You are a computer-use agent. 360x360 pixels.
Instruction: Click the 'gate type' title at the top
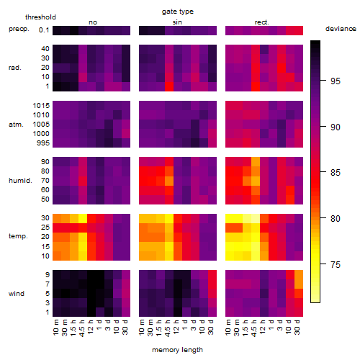click(x=178, y=12)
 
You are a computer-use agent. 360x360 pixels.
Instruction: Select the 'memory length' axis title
click(x=177, y=350)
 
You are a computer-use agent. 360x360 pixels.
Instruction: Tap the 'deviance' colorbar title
click(x=341, y=29)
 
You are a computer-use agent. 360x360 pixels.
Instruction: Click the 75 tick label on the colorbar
click(x=336, y=264)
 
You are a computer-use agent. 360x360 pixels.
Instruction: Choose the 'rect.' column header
click(x=262, y=22)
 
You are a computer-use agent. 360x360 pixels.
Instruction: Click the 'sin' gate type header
click(x=177, y=22)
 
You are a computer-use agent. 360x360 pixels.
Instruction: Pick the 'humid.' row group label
click(x=20, y=181)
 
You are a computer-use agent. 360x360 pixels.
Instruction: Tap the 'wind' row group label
click(x=17, y=294)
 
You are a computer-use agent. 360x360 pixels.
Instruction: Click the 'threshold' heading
click(x=40, y=17)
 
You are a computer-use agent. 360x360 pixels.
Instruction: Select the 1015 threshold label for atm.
click(x=41, y=106)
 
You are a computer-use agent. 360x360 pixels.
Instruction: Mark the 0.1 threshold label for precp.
click(x=44, y=30)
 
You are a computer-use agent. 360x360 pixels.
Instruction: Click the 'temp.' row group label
click(x=18, y=236)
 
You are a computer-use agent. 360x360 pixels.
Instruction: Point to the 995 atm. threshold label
click(x=43, y=143)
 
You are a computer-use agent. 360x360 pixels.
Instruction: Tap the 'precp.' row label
click(x=19, y=29)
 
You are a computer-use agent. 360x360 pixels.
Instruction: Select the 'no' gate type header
click(x=93, y=22)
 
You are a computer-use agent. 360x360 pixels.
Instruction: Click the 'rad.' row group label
click(x=15, y=68)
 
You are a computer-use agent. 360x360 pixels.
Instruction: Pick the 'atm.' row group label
click(x=16, y=125)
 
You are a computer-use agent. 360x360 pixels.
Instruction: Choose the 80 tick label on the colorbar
click(x=336, y=219)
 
